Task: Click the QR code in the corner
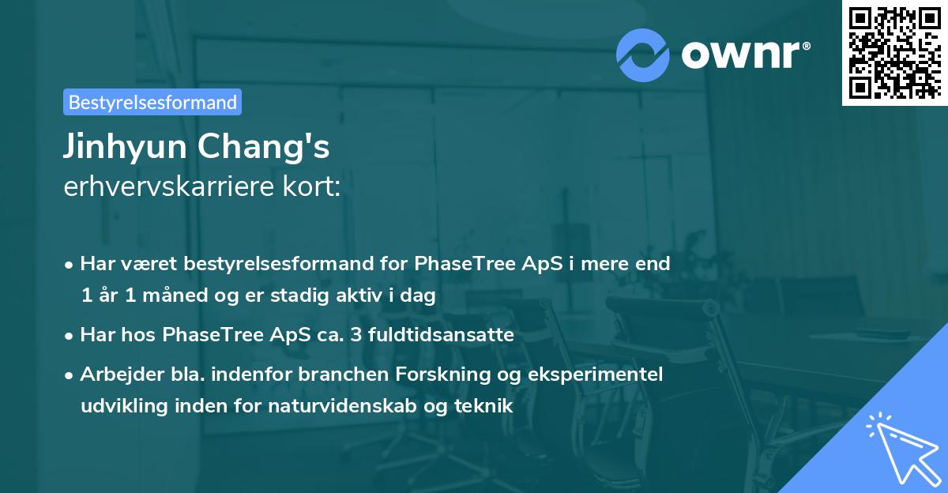click(894, 53)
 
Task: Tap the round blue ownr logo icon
click(643, 55)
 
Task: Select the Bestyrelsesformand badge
click(152, 102)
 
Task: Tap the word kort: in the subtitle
click(315, 186)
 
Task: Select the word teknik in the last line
click(487, 406)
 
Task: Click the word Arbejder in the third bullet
click(115, 374)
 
